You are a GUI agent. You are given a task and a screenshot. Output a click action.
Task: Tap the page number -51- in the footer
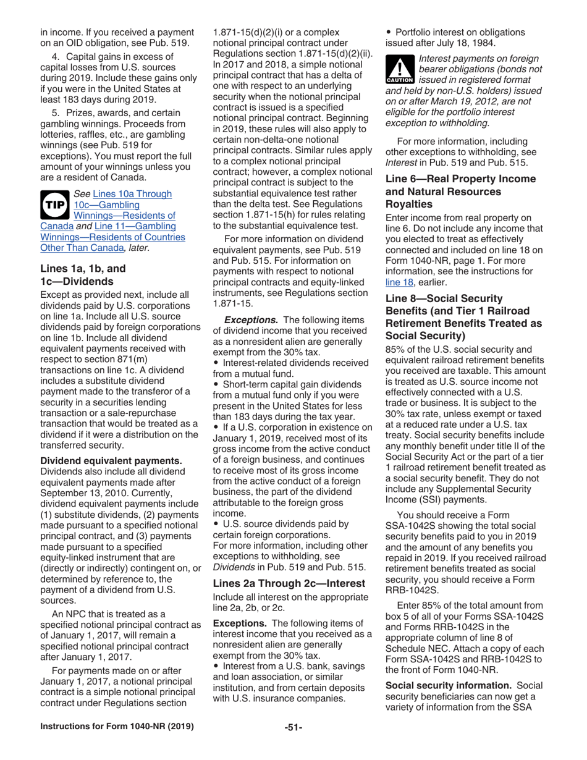[293, 727]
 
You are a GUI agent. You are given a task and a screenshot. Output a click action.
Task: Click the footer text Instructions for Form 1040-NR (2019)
[117, 727]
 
